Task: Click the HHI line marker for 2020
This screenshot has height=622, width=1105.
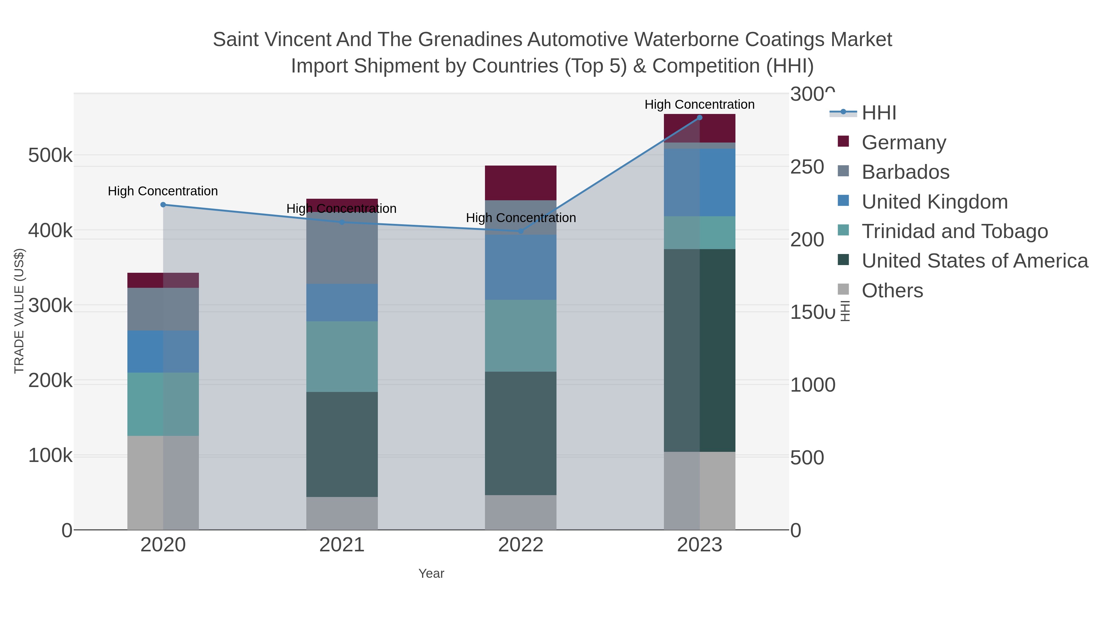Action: (163, 205)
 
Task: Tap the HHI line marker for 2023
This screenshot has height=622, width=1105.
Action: (700, 118)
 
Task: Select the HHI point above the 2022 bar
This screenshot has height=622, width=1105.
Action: (521, 231)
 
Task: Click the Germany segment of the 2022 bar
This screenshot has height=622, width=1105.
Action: (521, 183)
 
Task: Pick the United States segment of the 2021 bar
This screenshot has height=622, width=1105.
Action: (342, 444)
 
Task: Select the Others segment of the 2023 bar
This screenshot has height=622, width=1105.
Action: (700, 490)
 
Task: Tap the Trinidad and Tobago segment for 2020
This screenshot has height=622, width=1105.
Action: (163, 404)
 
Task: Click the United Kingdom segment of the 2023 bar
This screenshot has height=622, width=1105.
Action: (700, 182)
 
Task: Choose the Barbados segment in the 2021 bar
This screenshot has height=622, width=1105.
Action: (342, 248)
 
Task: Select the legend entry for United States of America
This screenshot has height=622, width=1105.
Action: (974, 261)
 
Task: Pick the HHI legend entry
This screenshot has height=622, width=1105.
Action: (878, 113)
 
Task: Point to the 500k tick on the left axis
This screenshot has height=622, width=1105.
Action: (50, 155)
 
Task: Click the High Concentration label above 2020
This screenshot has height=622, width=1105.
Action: (163, 191)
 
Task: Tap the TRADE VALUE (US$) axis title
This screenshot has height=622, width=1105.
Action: (19, 311)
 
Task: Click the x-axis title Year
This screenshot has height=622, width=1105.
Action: (431, 573)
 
